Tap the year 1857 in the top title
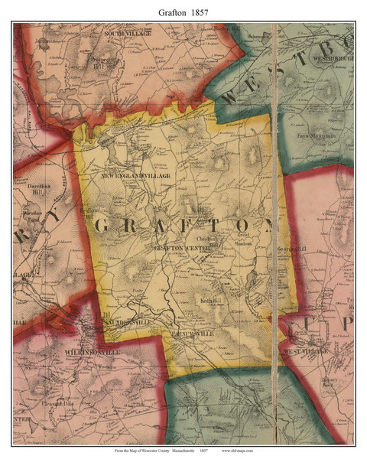click(201, 9)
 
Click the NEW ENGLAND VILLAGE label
click(134, 175)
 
